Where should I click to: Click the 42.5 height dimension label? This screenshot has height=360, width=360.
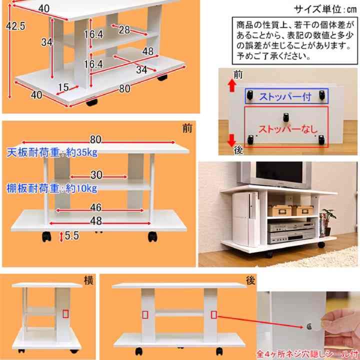(15, 26)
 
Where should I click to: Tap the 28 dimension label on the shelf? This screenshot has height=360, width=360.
(124, 29)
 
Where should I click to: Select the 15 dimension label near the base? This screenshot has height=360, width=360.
(63, 87)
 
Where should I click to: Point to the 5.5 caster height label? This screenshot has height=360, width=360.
(72, 235)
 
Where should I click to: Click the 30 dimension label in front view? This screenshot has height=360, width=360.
(96, 175)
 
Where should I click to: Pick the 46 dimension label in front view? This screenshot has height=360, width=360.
(96, 207)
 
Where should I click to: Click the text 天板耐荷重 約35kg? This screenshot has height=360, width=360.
(52, 152)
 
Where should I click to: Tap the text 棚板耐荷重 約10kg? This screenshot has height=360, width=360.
(52, 188)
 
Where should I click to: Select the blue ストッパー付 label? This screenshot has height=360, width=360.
(285, 96)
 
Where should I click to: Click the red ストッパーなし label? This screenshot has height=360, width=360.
(288, 129)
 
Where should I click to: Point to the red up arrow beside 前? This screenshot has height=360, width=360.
(232, 85)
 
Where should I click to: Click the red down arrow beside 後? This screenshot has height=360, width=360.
(231, 140)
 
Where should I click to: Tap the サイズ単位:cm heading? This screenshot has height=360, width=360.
(325, 9)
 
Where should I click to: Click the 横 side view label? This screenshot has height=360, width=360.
(88, 280)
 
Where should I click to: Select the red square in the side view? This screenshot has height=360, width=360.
(65, 314)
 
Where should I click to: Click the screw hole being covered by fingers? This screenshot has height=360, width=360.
(309, 326)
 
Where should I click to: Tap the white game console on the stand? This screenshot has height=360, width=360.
(245, 218)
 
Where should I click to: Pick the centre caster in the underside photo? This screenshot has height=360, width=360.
(285, 117)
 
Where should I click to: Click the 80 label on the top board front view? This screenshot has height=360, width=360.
(95, 139)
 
